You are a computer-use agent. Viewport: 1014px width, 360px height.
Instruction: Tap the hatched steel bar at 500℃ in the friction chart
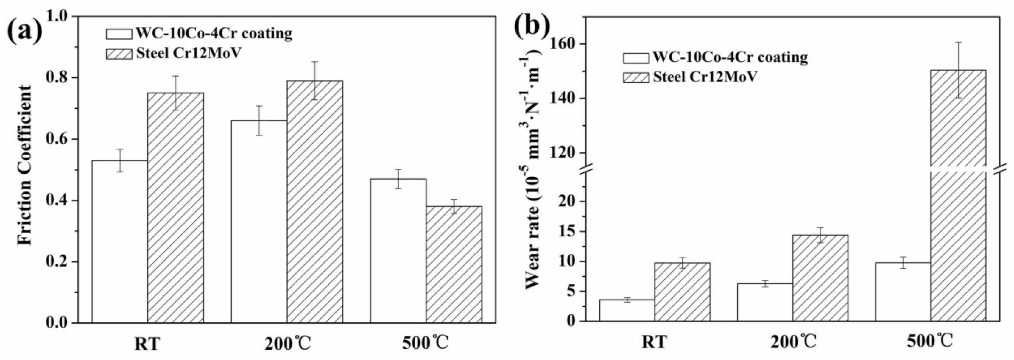click(454, 264)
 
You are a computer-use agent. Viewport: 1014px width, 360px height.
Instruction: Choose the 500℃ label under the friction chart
click(425, 344)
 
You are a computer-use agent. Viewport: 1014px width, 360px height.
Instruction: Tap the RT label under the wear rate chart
click(654, 342)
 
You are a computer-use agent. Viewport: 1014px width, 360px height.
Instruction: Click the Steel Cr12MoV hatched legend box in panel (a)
click(119, 54)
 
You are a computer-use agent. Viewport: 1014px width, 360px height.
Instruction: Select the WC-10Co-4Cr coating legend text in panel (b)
click(730, 57)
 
